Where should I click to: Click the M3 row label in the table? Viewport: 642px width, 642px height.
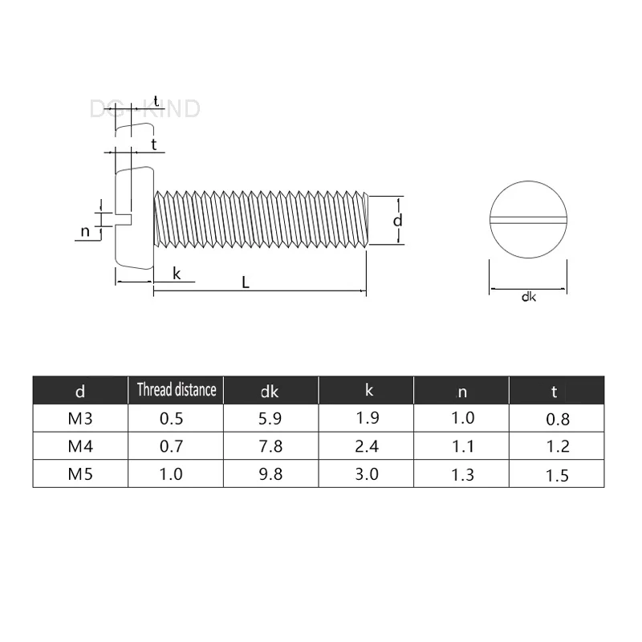click(x=79, y=418)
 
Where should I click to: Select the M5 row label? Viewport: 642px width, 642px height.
click(x=79, y=473)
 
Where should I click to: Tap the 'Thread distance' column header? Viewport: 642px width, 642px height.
click(x=176, y=390)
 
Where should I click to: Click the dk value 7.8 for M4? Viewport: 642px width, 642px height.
click(x=270, y=446)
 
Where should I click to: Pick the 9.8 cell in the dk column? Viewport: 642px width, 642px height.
click(x=270, y=473)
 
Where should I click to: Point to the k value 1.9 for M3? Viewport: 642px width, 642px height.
click(x=366, y=418)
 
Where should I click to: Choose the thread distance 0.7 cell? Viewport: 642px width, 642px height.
click(x=172, y=446)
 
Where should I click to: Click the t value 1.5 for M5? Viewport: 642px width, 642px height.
click(x=558, y=475)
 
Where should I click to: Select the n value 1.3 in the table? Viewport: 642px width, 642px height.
click(x=463, y=474)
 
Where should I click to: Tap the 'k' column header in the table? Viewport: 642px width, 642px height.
click(x=368, y=390)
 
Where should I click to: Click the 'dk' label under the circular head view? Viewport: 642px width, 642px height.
click(x=528, y=298)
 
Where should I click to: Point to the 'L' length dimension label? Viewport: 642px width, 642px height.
click(x=245, y=282)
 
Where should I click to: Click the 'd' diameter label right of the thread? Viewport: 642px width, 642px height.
click(x=396, y=220)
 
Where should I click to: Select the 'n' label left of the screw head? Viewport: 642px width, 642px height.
click(x=85, y=232)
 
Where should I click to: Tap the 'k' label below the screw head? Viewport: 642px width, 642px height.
click(x=177, y=274)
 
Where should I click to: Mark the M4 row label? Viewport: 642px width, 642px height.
click(x=79, y=446)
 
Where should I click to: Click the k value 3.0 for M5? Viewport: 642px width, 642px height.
click(x=366, y=473)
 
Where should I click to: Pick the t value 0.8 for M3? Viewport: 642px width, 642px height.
click(x=558, y=419)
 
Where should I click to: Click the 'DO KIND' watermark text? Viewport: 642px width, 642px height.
click(x=144, y=109)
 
